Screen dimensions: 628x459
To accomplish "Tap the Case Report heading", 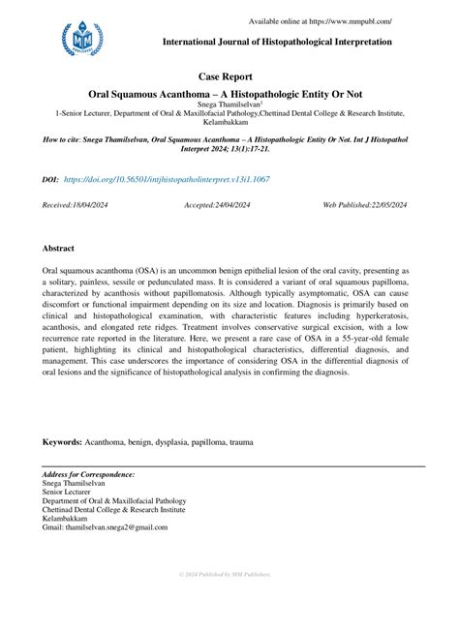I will pyautogui.click(x=229, y=75).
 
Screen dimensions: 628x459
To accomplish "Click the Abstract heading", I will pyautogui.click(x=59, y=249).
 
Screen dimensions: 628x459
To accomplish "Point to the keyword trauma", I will pyautogui.click(x=241, y=442).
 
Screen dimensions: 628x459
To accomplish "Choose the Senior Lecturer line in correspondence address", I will pyautogui.click(x=69, y=493).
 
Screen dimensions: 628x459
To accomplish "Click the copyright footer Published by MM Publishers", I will pyautogui.click(x=229, y=575).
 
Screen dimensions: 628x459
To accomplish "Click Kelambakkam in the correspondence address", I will pyautogui.click(x=67, y=519).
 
